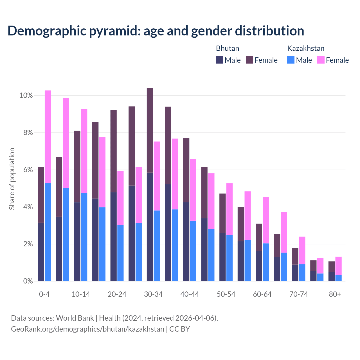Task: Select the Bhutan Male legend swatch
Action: coord(220,60)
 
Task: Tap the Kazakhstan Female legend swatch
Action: coord(321,60)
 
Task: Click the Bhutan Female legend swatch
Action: coord(249,60)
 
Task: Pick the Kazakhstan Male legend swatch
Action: coord(291,60)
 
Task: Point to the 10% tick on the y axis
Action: coord(26,96)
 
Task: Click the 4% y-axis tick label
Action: coord(28,207)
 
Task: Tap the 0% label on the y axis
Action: coord(28,281)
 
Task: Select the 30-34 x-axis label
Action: coord(153,294)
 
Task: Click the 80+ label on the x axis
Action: coord(335,294)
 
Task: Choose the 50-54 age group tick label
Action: coord(226,294)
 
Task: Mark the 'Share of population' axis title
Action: coord(12,179)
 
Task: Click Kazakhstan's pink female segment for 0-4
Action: coord(48,137)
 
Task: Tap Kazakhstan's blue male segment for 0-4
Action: coord(48,232)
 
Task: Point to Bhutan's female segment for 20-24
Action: coord(114,151)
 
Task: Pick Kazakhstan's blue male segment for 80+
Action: coord(338,278)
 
